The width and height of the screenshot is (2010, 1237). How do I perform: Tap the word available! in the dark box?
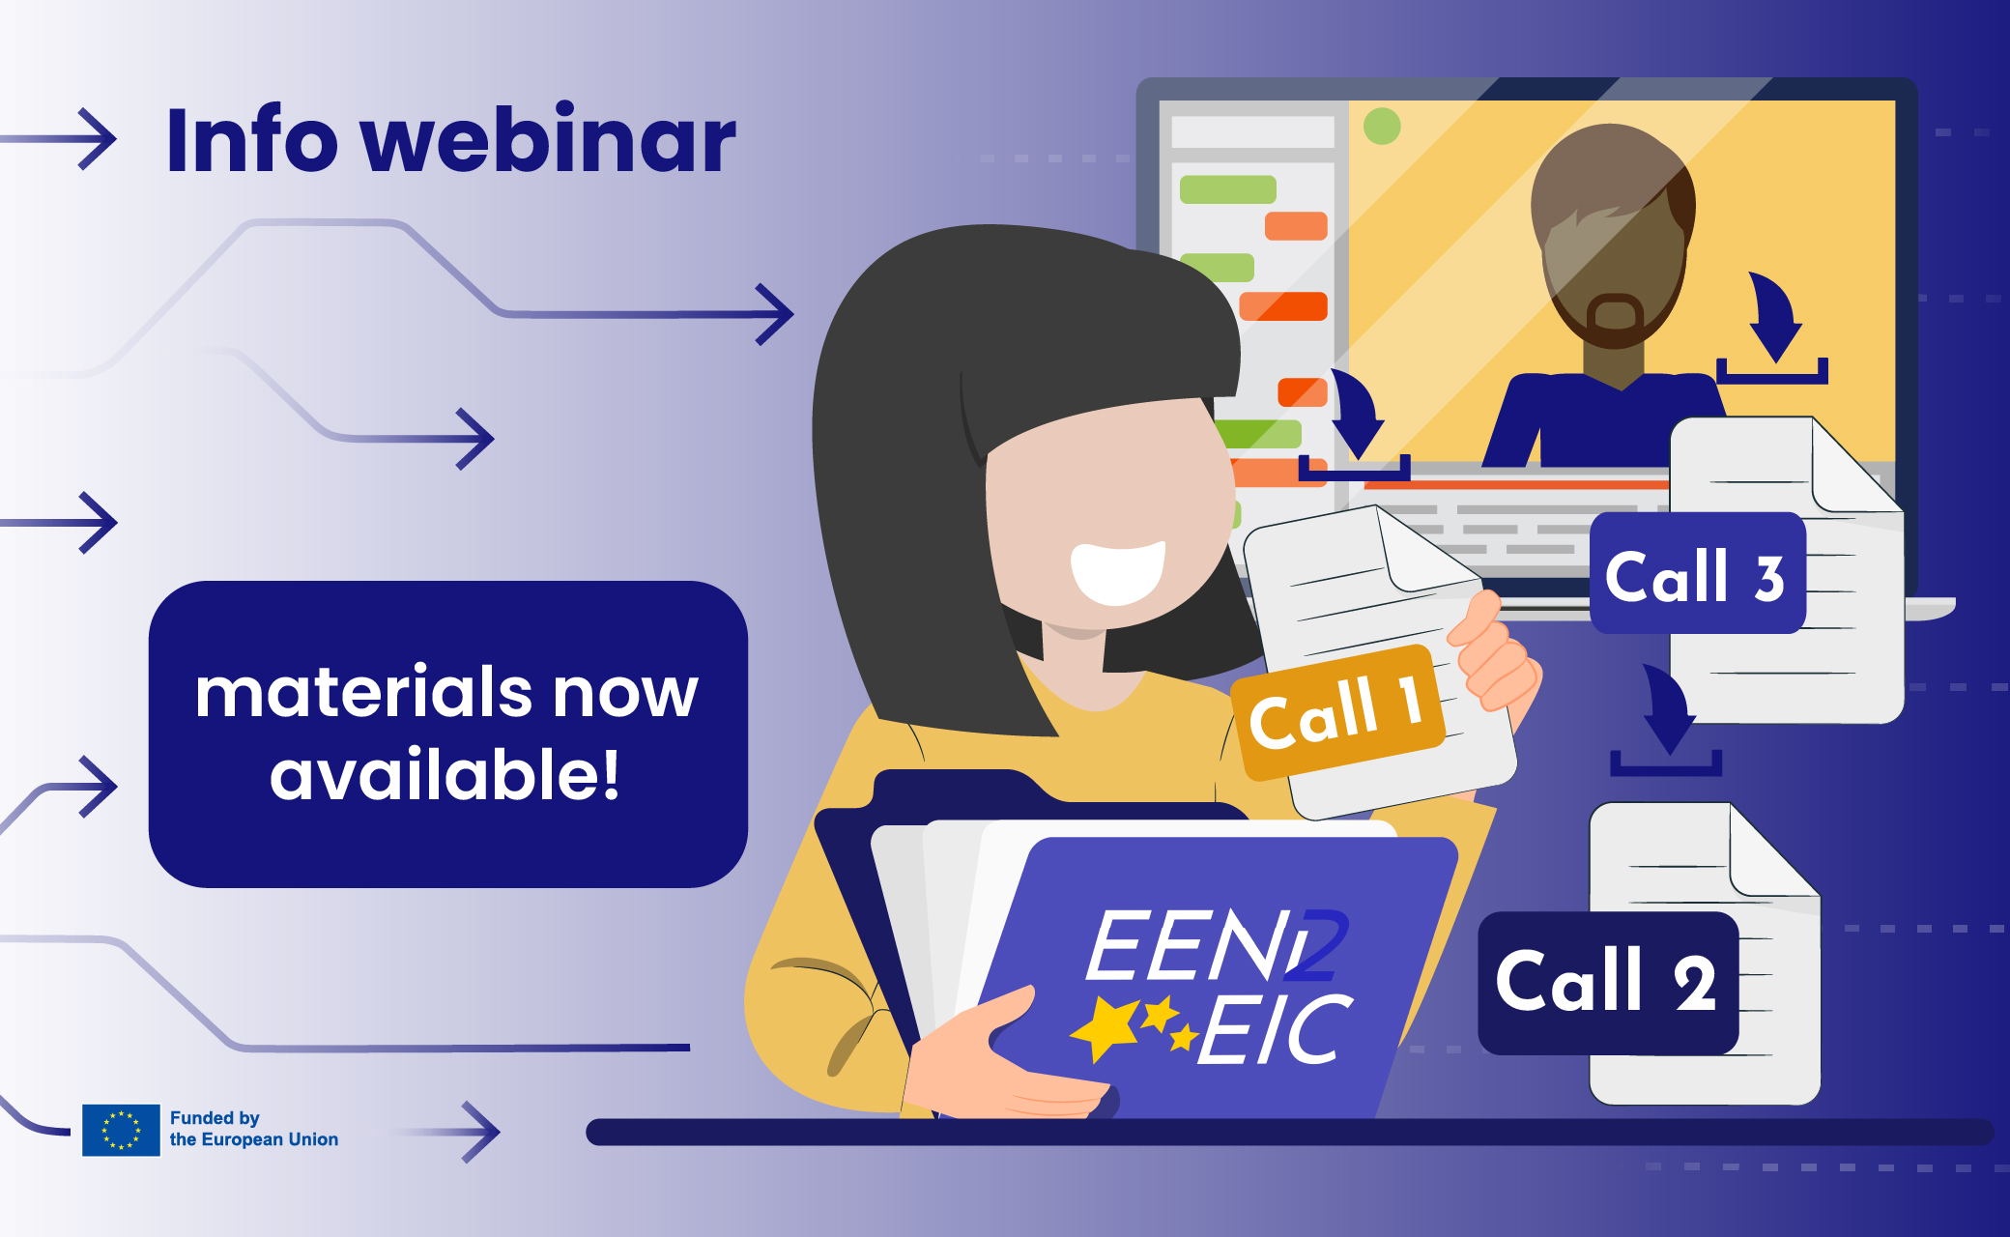tap(445, 776)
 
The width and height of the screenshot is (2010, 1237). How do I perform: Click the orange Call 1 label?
tap(1338, 712)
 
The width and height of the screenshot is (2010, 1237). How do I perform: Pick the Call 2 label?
tap(1608, 982)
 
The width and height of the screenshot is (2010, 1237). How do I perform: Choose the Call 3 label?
tap(1698, 573)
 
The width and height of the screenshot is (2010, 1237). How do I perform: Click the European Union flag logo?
tap(121, 1130)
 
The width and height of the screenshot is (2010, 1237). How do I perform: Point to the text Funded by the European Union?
tap(254, 1129)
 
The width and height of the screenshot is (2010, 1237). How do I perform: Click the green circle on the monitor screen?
tap(1382, 126)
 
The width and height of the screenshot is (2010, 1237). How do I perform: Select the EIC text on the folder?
tap(1276, 1030)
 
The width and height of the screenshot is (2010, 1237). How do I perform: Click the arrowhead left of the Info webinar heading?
tap(98, 140)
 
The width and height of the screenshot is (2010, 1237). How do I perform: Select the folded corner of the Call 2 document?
tap(1773, 850)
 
